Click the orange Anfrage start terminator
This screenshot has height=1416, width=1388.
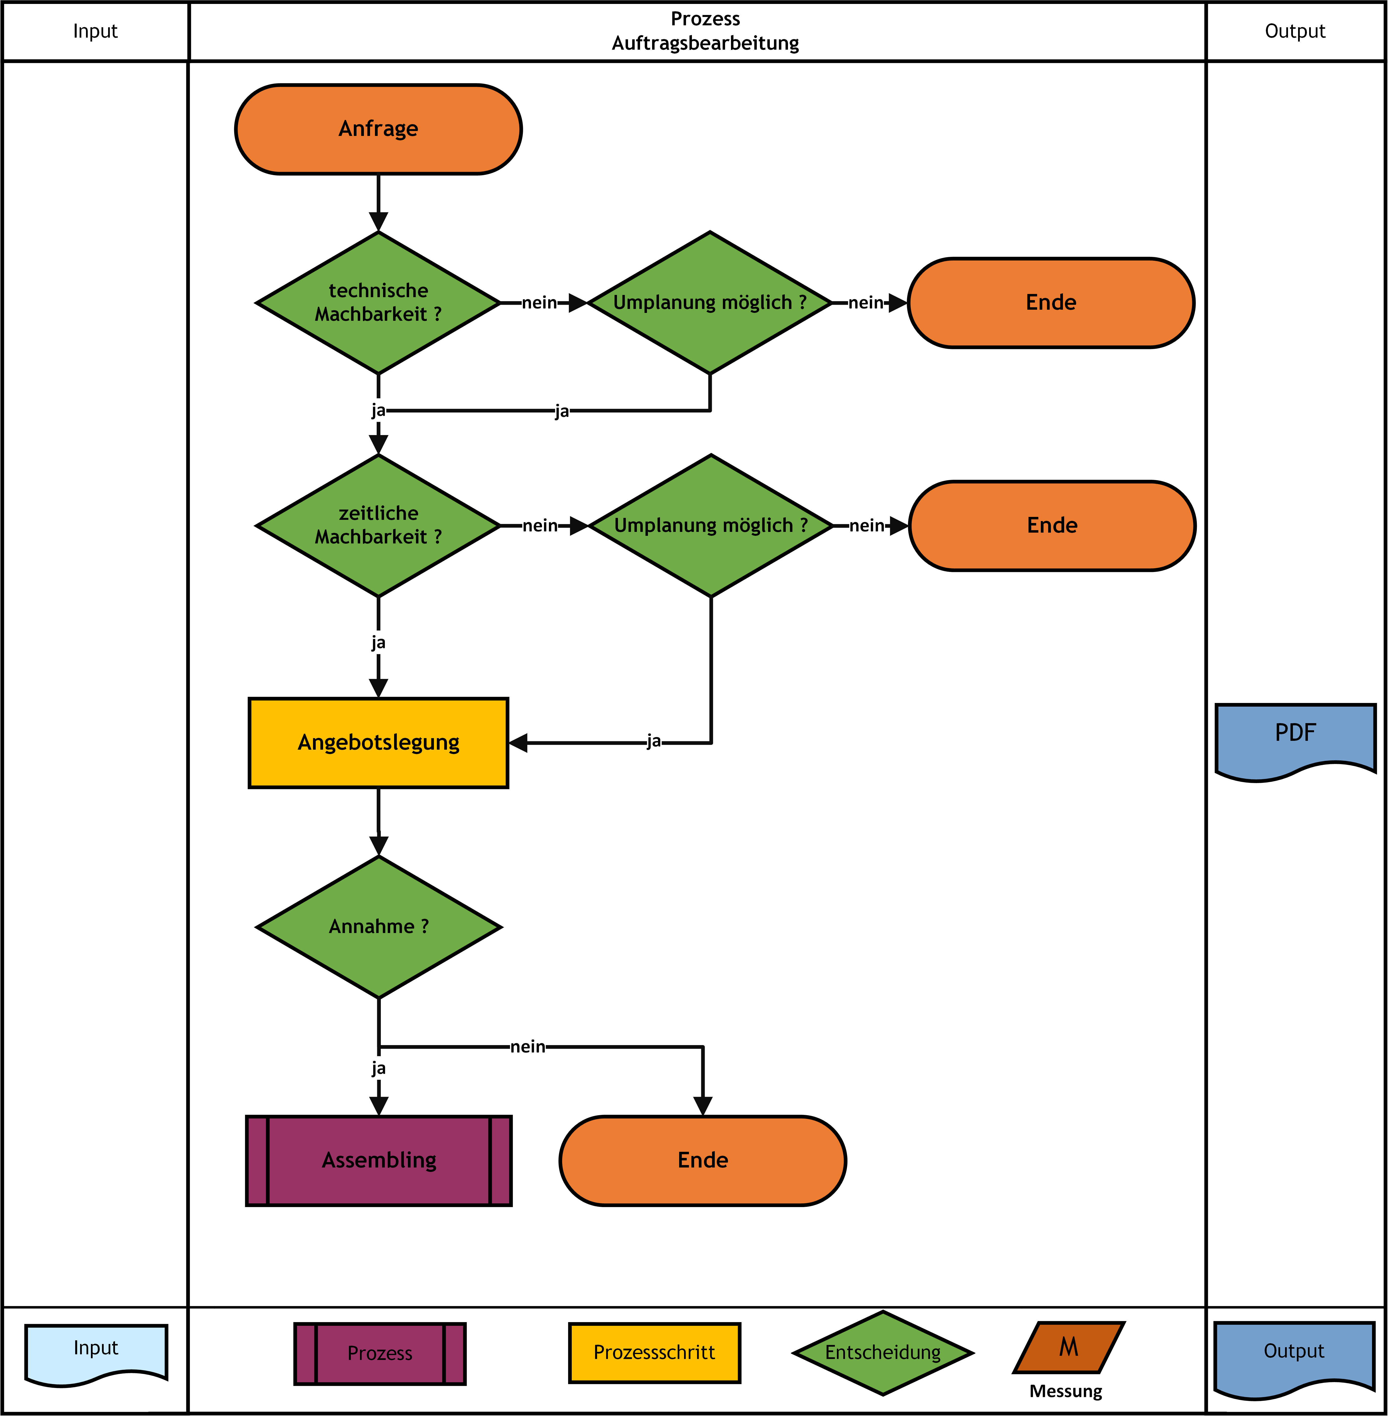[x=378, y=129]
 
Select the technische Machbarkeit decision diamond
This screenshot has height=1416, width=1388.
[x=378, y=303]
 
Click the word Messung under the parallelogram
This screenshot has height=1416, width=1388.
[x=1066, y=1391]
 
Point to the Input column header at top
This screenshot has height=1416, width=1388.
[x=96, y=31]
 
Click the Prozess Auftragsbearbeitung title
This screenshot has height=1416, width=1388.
[x=705, y=31]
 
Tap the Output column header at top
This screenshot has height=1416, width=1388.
[x=1295, y=31]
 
